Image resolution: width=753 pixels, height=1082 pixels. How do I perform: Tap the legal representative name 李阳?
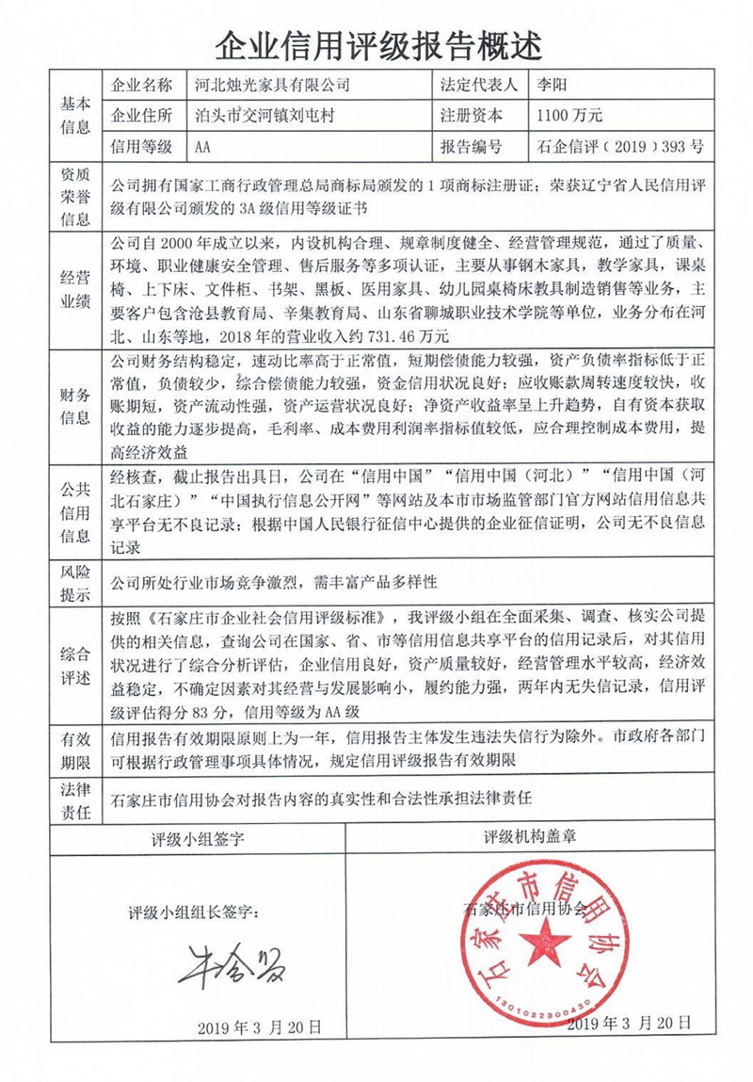pyautogui.click(x=550, y=85)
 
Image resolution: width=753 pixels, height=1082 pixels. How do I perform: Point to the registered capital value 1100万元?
pyautogui.click(x=568, y=116)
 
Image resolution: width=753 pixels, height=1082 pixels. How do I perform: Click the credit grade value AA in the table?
pyautogui.click(x=203, y=147)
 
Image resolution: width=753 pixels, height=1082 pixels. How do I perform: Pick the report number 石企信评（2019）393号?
pyautogui.click(x=618, y=147)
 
